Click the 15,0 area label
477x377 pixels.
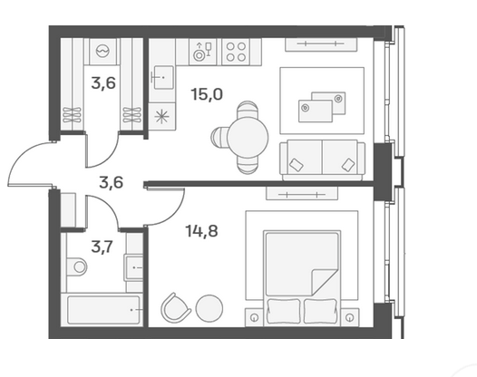pyautogui.click(x=207, y=94)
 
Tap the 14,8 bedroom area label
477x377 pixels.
pyautogui.click(x=201, y=231)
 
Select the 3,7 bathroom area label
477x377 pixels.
pyautogui.click(x=102, y=246)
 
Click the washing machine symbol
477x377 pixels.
pyautogui.click(x=102, y=51)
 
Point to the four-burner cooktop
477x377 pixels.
pyautogui.click(x=236, y=52)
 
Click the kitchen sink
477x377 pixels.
pyautogui.click(x=163, y=77)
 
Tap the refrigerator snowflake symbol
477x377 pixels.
pyautogui.click(x=161, y=117)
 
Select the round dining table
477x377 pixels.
pyautogui.click(x=248, y=138)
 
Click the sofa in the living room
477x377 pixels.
pyautogui.click(x=323, y=160)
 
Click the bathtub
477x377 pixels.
pyautogui.click(x=102, y=310)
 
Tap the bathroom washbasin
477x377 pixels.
pyautogui.click(x=134, y=268)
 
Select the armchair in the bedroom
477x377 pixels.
pyautogui.click(x=175, y=308)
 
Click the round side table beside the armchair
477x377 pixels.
pyautogui.click(x=209, y=309)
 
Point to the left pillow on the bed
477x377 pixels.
pyautogui.click(x=283, y=312)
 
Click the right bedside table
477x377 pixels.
pyautogui.click(x=350, y=317)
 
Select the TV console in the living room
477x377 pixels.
pyautogui.click(x=321, y=44)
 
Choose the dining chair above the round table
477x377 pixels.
pyautogui.click(x=248, y=110)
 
